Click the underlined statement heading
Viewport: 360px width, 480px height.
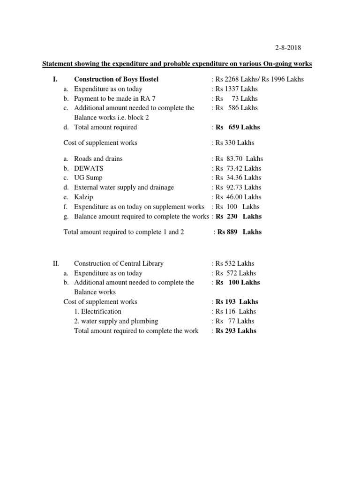coord(177,63)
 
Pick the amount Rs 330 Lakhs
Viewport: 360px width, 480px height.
coord(234,142)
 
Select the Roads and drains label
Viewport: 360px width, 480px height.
coord(98,158)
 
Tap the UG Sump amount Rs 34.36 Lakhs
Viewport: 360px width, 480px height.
coord(238,178)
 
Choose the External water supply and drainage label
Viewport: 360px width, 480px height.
coord(124,187)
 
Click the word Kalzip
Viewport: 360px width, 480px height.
coord(84,197)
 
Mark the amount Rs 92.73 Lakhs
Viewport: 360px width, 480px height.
coord(238,187)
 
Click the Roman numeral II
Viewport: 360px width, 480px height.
coord(56,263)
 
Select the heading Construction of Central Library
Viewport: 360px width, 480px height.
coord(119,263)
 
